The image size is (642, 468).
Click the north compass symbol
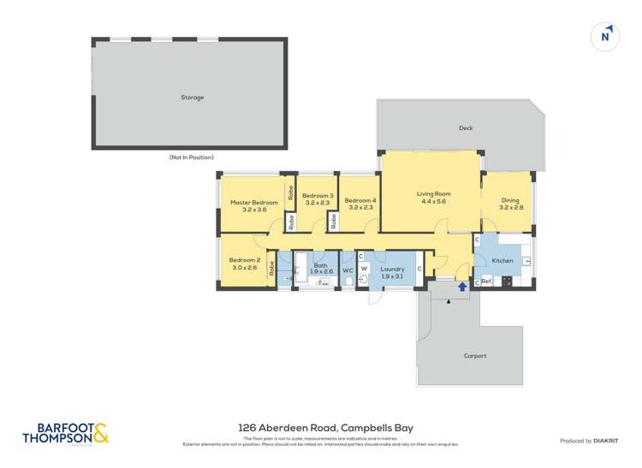pos(606,36)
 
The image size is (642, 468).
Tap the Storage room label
pos(193,98)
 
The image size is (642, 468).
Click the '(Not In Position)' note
pos(192,157)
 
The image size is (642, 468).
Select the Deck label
pos(466,128)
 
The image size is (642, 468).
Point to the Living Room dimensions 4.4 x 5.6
pos(433,202)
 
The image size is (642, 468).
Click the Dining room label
pos(511,199)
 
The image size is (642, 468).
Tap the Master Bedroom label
pos(254,203)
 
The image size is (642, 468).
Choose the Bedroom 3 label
pos(317,195)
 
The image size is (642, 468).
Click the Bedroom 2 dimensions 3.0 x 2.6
pos(244,268)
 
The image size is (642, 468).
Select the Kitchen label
pos(502,260)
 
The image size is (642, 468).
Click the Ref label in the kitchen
pos(486,281)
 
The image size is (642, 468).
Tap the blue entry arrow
pos(462,287)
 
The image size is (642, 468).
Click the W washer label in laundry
pos(363,268)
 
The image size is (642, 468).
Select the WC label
pos(348,271)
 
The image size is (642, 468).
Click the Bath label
pos(321,265)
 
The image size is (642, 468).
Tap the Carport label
pos(474,356)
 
